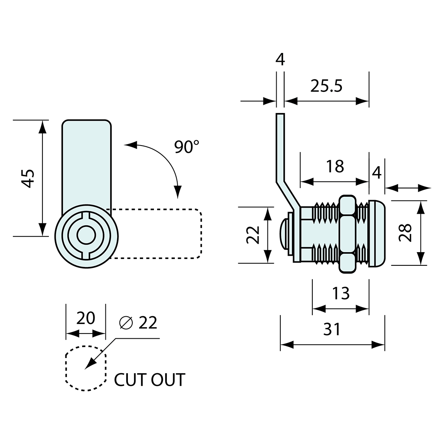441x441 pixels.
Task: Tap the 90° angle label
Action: point(186,147)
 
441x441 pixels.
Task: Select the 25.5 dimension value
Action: point(326,85)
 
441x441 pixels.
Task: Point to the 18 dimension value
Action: point(335,166)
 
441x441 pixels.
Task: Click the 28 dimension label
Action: point(406,233)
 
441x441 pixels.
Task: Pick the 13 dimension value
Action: point(341,293)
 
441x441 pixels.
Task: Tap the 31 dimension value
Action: point(332,329)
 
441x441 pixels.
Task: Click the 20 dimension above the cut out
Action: point(85,318)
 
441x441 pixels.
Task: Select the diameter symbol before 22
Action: point(125,323)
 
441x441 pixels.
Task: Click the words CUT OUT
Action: point(150,380)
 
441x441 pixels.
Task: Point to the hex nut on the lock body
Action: point(347,235)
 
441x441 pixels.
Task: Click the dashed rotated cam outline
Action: point(160,234)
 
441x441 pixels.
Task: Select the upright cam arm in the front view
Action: point(86,160)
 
